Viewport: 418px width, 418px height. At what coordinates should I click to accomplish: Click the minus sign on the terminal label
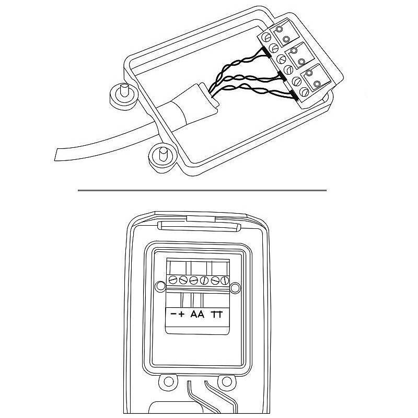tap(173, 315)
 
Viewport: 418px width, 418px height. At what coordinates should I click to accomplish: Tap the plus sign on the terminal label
tap(181, 315)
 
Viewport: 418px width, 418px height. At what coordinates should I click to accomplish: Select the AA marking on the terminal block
tap(198, 315)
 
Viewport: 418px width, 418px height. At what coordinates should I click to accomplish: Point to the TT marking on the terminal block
tap(217, 315)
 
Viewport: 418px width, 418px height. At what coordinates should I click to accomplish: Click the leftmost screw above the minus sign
tap(173, 280)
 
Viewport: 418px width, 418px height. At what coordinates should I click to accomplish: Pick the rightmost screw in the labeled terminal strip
tap(225, 281)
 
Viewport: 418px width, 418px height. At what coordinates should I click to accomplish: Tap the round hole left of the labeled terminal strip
tap(160, 286)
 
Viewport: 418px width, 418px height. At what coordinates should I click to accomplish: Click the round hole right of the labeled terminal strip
tap(235, 288)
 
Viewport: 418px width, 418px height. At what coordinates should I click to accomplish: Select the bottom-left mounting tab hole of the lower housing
tap(168, 381)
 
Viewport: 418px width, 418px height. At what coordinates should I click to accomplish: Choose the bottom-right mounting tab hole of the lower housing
tap(227, 382)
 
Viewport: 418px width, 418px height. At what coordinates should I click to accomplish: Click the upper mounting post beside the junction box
tap(124, 90)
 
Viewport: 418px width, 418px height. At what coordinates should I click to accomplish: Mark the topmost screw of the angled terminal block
tap(266, 37)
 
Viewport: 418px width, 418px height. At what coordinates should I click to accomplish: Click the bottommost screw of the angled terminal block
tap(304, 92)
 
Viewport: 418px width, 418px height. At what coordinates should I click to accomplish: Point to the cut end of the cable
tap(56, 155)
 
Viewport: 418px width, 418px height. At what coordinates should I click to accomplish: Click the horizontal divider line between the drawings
tap(202, 190)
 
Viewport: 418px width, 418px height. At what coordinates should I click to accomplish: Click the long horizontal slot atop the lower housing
tap(199, 226)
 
